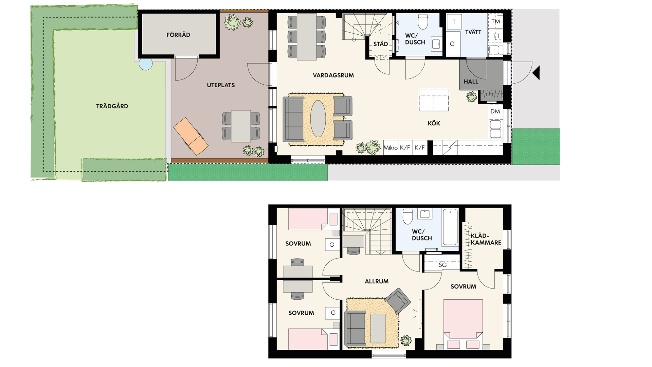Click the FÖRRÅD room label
[178, 35]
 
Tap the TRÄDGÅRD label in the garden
[112, 106]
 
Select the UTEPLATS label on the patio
[221, 85]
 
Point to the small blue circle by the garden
[146, 64]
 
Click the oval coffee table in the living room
[318, 119]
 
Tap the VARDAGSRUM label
[333, 75]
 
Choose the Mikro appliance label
[391, 148]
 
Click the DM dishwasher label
[495, 111]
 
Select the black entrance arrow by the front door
[536, 73]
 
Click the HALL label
[471, 82]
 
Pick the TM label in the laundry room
[496, 21]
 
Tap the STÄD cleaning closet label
[381, 44]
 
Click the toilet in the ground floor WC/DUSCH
[423, 22]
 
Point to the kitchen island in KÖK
[434, 100]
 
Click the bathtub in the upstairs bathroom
[450, 227]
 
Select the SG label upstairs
[442, 265]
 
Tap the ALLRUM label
[377, 281]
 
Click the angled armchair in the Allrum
[397, 301]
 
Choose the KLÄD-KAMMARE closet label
[486, 239]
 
